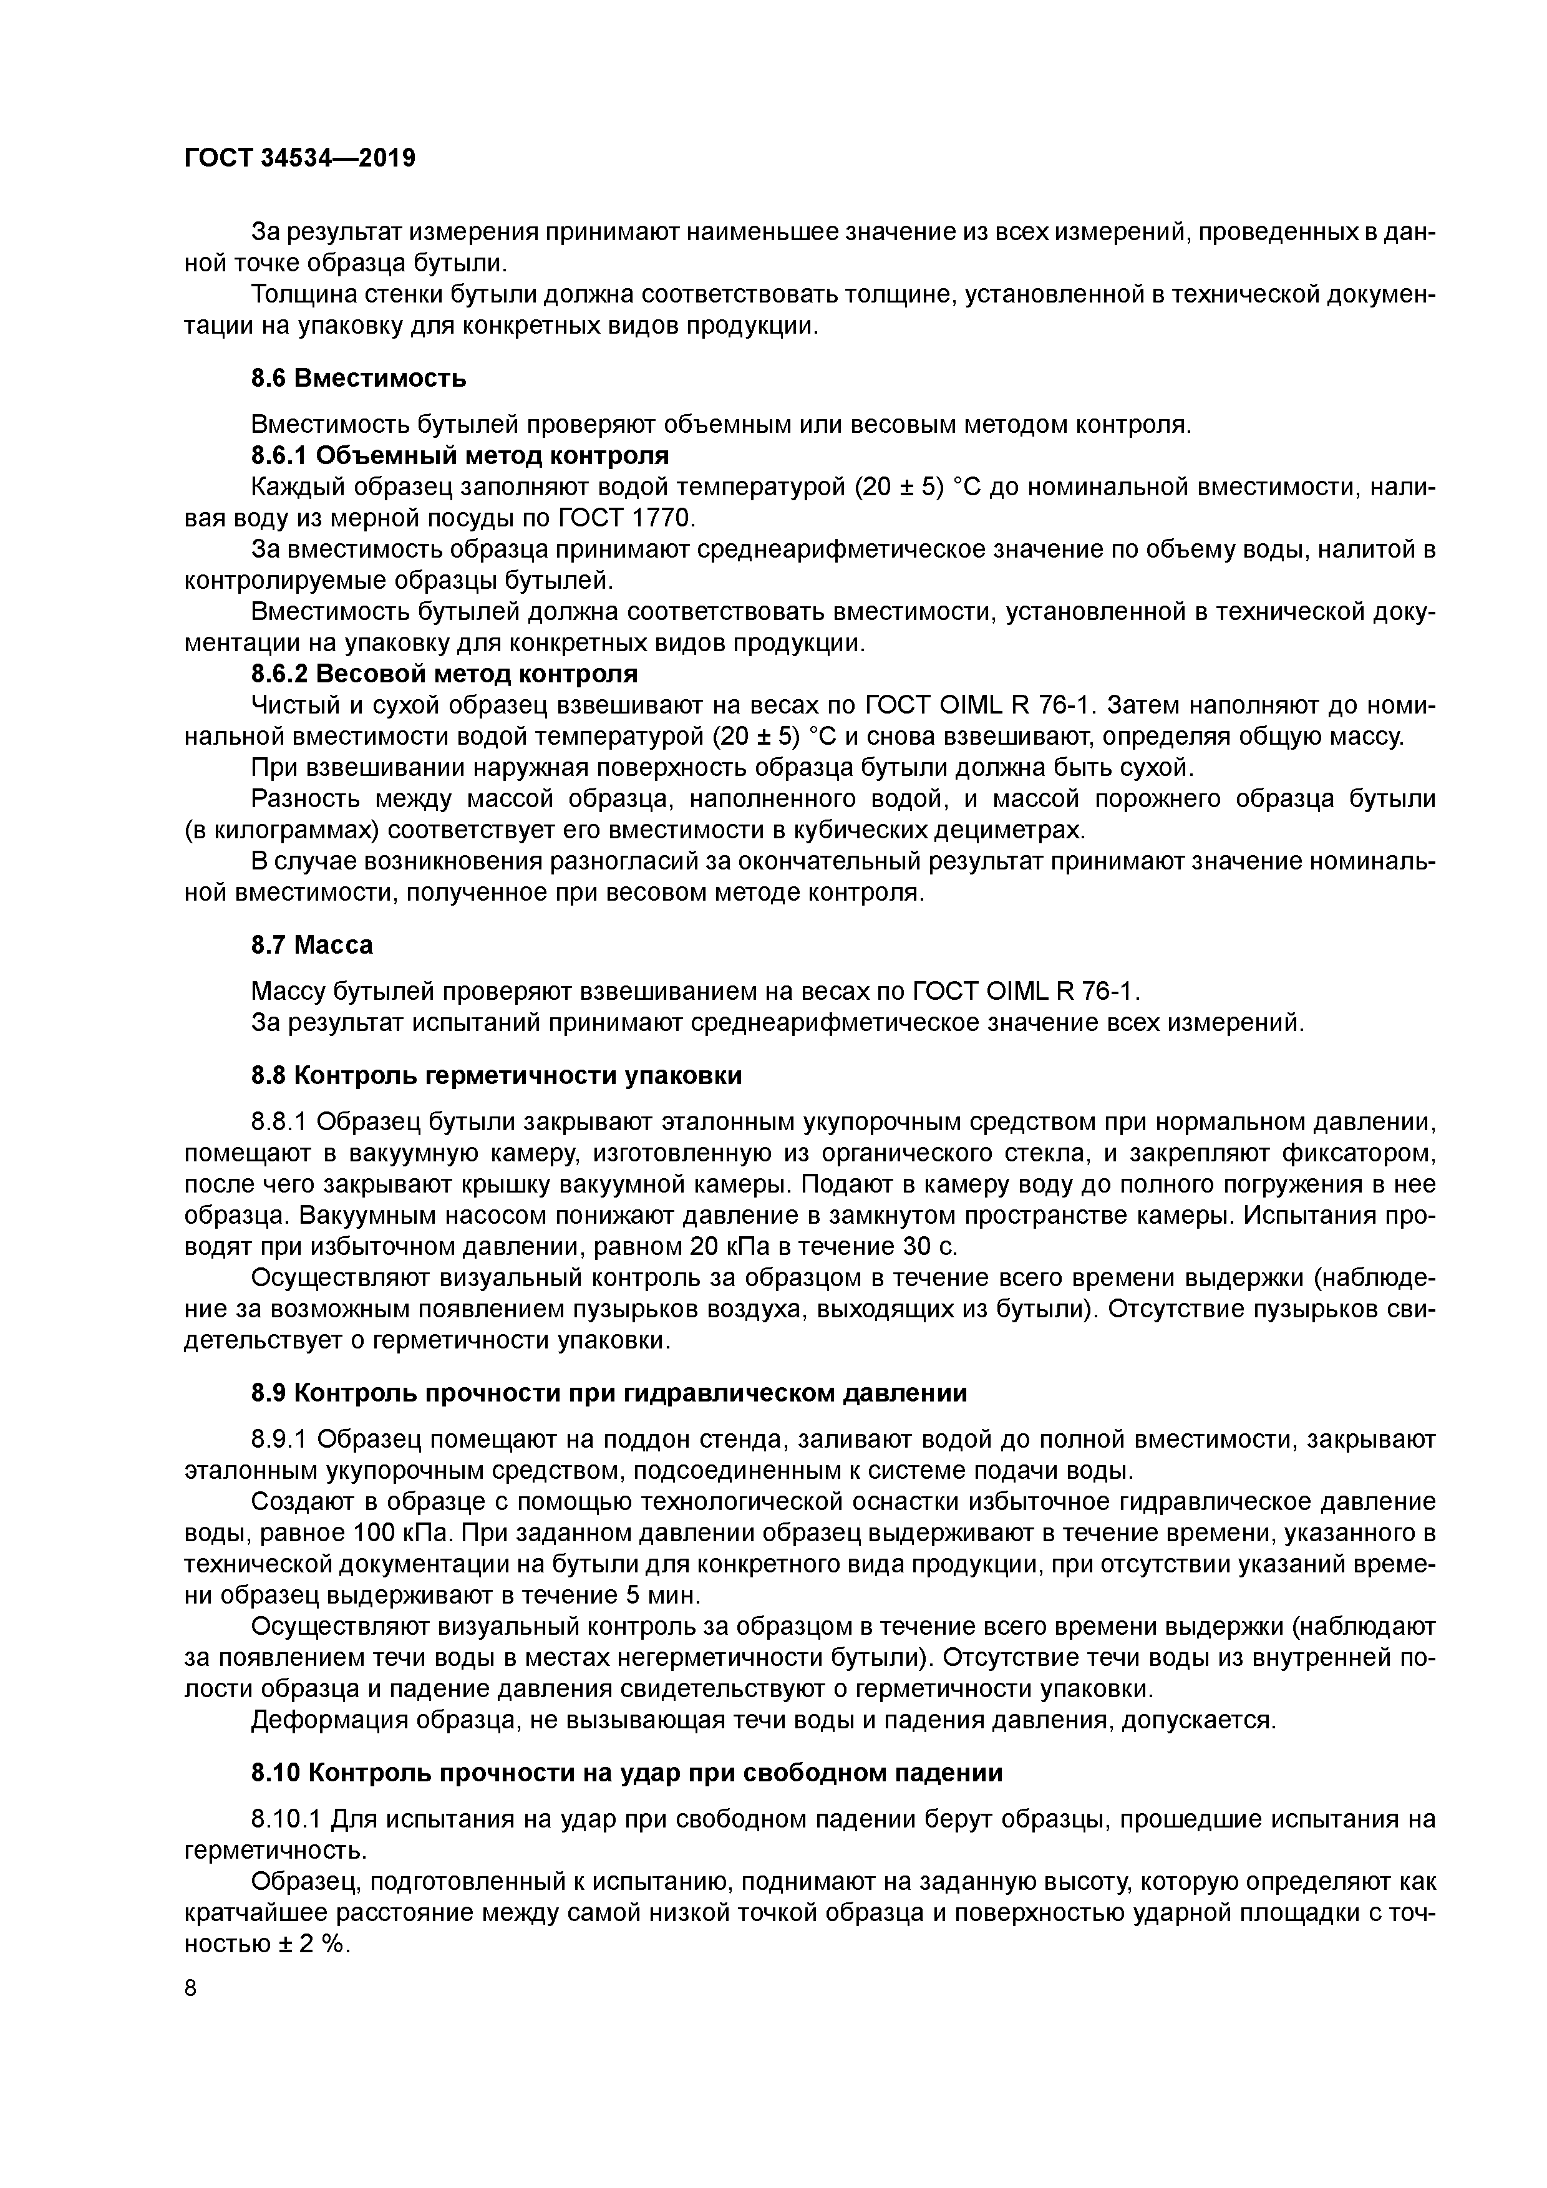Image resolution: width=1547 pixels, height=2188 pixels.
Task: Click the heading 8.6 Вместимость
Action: (359, 379)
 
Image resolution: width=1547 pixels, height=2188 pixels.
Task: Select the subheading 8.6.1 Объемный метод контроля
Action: (460, 455)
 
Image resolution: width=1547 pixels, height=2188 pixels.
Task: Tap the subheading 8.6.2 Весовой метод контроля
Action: (444, 674)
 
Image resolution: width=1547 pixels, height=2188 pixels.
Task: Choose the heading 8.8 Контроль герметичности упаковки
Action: (496, 1076)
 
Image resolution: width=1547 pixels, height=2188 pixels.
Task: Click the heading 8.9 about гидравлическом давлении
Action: (609, 1393)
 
